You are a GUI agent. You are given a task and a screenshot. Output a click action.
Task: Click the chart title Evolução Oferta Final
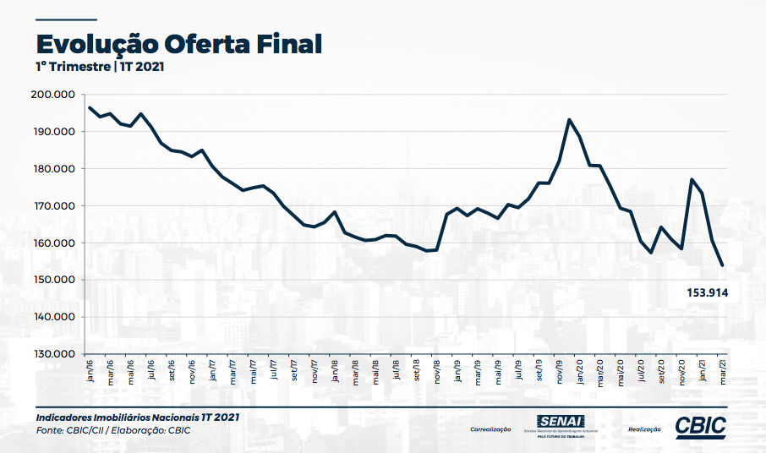point(178,43)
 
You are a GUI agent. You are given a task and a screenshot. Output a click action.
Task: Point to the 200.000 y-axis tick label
point(53,95)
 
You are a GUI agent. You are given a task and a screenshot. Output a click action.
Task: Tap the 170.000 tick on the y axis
point(53,206)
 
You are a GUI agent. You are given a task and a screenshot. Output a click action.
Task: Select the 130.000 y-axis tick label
point(53,354)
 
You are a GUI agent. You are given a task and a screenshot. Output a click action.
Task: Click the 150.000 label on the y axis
point(53,280)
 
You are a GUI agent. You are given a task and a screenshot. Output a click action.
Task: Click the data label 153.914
point(707,292)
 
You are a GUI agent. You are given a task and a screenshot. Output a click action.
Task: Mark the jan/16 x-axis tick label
point(90,371)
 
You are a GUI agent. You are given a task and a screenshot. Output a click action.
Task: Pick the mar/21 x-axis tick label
point(721,371)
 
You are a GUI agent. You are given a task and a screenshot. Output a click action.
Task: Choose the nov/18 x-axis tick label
point(437,371)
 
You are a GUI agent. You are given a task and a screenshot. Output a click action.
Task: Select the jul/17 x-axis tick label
point(274,371)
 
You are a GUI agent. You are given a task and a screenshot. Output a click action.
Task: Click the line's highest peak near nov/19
point(569,120)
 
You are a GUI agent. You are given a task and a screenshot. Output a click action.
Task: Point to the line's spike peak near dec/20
point(692,179)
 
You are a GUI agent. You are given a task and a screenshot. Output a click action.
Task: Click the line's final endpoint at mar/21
point(722,265)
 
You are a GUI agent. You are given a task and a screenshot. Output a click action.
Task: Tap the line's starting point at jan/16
point(90,107)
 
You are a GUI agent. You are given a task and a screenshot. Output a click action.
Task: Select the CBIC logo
point(701,427)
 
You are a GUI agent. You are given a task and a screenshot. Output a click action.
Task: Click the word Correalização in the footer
point(490,429)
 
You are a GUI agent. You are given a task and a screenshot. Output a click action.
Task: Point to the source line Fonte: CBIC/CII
point(113,430)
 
